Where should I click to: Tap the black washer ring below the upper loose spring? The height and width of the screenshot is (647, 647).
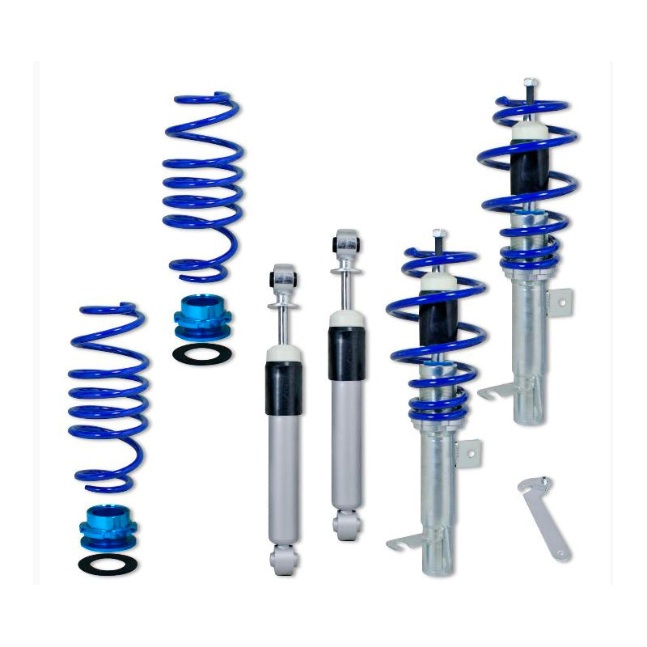coord(201,352)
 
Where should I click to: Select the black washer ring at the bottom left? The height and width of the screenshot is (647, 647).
coord(108,564)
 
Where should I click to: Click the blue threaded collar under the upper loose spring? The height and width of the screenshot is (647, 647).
coord(202,316)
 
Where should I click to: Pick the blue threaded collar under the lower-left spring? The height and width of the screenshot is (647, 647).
coord(108,526)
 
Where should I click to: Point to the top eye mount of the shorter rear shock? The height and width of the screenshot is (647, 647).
coord(283,277)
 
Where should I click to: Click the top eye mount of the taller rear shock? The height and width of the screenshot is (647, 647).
coord(347,243)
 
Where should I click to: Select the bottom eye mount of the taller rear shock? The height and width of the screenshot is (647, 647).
coord(347,526)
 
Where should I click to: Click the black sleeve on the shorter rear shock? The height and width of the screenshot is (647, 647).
coord(283,387)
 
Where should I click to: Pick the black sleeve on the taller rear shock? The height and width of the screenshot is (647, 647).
coord(346,353)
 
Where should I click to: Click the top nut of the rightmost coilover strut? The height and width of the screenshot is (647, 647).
coord(529,82)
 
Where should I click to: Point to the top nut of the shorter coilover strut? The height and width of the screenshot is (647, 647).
coord(438,234)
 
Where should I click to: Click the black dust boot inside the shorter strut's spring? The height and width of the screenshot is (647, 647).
coord(439,319)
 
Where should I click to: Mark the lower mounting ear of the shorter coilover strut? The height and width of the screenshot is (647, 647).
coord(404,541)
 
